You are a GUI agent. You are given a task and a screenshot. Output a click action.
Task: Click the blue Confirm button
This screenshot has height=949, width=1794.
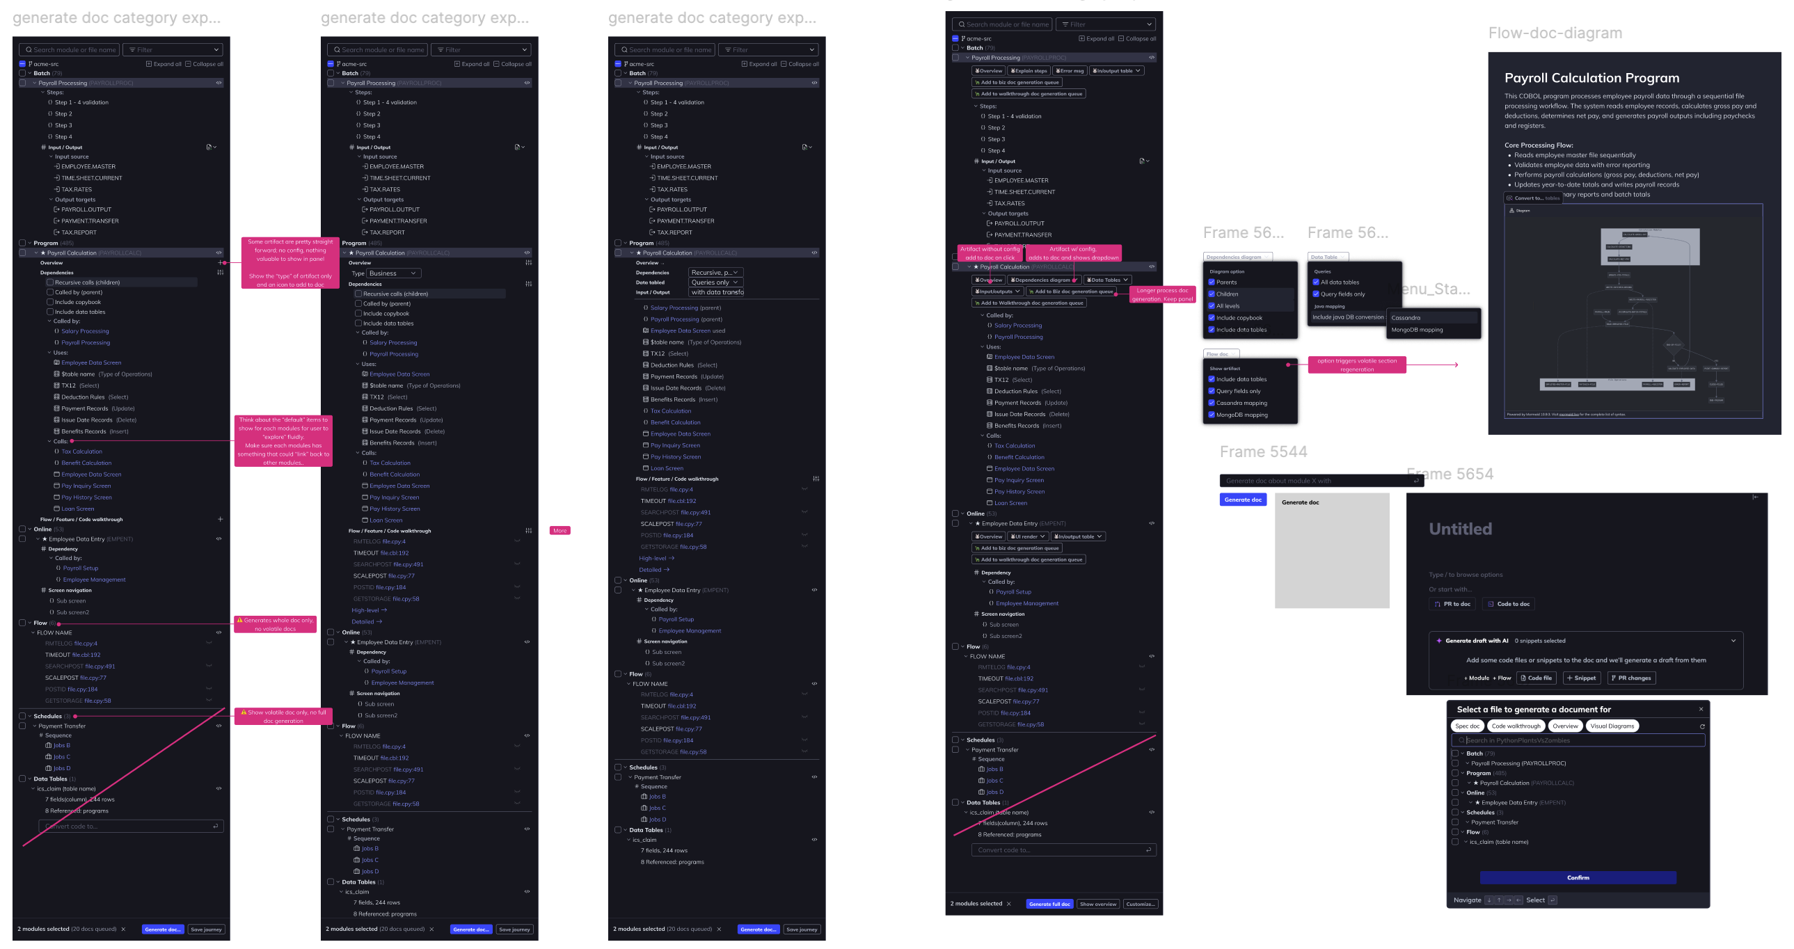click(1578, 877)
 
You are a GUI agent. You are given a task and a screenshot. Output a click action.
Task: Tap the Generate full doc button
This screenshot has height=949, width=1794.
click(1049, 904)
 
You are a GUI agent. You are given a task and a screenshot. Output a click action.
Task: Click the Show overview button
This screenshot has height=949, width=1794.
click(1097, 904)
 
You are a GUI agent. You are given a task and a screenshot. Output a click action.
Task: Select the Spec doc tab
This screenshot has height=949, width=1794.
click(1467, 726)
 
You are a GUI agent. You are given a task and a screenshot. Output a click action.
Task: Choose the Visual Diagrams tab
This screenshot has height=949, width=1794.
click(1612, 726)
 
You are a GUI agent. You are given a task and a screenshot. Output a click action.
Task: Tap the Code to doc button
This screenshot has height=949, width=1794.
click(1508, 604)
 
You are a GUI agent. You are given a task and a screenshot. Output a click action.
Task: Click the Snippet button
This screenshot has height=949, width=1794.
click(1581, 678)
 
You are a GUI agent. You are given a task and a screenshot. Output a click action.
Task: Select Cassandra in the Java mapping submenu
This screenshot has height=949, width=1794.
click(1406, 317)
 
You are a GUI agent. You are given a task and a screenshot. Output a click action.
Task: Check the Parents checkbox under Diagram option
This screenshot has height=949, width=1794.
click(1212, 282)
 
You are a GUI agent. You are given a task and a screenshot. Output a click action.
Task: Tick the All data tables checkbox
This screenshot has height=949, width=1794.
click(1315, 282)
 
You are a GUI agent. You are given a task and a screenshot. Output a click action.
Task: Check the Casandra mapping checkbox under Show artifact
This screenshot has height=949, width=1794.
click(1212, 403)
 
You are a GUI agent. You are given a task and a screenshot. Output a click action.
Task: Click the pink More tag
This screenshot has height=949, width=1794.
click(559, 531)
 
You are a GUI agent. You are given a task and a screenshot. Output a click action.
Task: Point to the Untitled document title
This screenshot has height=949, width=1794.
click(1460, 529)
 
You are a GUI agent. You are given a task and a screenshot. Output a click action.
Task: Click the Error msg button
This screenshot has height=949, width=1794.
click(1069, 70)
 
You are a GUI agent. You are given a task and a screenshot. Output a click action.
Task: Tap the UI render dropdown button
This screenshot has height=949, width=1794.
click(1027, 536)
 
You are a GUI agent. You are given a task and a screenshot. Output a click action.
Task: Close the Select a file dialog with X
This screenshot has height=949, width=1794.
click(1701, 709)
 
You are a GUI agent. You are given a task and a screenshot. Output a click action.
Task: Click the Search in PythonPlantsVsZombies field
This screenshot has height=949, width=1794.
click(1581, 740)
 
